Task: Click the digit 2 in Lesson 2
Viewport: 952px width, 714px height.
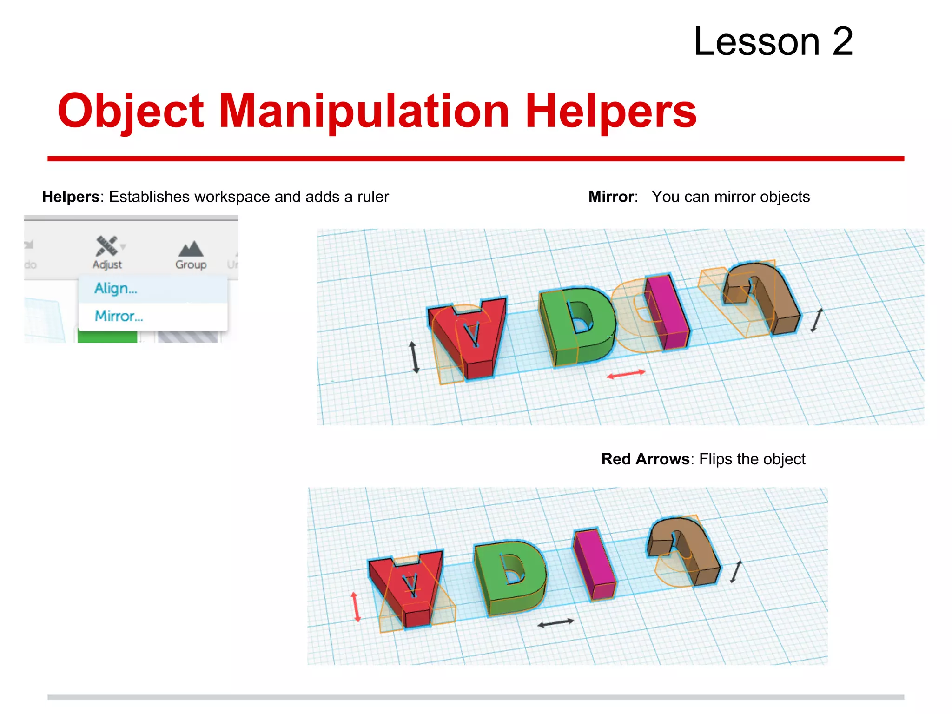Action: coord(842,42)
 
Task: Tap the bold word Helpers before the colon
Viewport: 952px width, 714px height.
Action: coord(71,197)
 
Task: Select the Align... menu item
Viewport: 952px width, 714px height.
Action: coord(116,289)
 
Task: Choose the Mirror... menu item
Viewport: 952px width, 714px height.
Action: coord(119,316)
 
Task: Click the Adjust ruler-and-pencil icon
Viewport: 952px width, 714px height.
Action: coord(107,246)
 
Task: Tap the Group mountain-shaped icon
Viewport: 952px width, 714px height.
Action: coord(191,249)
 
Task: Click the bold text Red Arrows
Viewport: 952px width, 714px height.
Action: coord(645,459)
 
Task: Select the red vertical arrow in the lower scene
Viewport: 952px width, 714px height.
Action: coord(356,607)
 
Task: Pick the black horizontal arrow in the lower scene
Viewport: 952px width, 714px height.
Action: coord(555,623)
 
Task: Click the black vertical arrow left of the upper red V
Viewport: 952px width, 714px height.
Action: coord(414,357)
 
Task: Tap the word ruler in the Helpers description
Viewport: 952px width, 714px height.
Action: coord(373,197)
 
